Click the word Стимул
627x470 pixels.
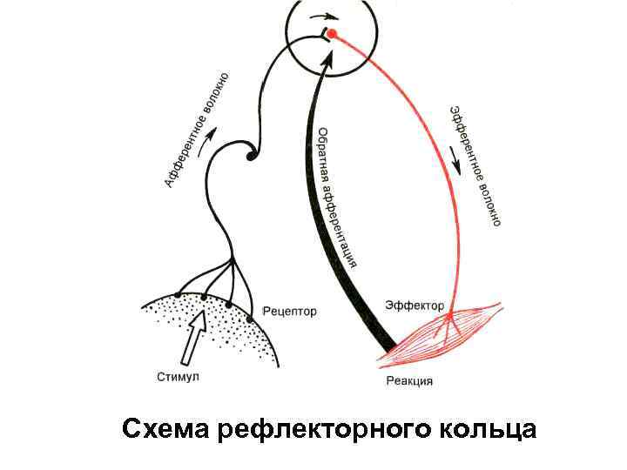[179, 376]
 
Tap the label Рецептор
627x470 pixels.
[289, 311]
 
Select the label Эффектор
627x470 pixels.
[415, 305]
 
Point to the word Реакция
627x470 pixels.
[409, 380]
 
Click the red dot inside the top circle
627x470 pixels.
[332, 34]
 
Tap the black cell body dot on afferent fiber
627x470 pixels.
[251, 156]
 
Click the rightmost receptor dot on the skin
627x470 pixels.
[250, 319]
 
